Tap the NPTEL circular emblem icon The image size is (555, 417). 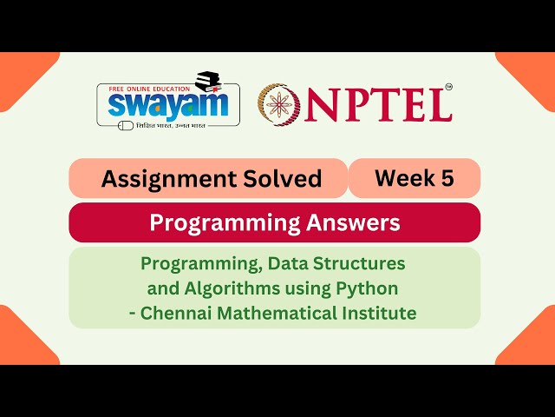pos(278,103)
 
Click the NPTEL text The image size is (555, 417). pos(377,104)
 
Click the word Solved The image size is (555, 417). pos(283,179)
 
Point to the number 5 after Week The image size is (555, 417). pos(447,178)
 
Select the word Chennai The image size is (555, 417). pos(180,313)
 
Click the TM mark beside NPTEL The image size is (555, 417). pos(448,87)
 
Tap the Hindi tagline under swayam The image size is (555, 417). pos(174,124)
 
